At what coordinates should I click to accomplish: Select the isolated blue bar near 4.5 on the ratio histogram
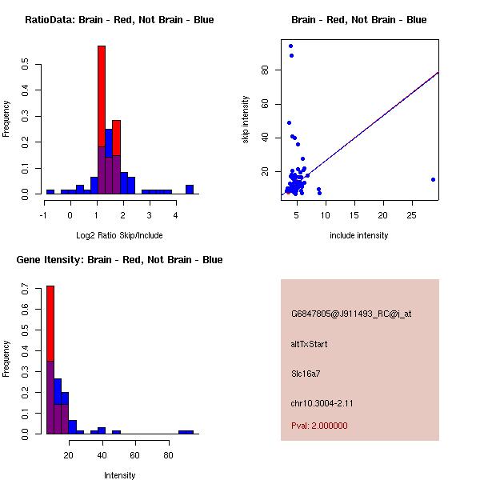190,190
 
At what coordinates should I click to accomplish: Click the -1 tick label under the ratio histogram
43,214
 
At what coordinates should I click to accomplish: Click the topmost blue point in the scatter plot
290,46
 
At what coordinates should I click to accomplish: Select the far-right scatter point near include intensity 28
433,179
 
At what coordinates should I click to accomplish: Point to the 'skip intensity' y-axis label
246,120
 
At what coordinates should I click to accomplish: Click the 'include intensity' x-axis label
358,235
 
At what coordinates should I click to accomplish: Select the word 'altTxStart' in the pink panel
309,344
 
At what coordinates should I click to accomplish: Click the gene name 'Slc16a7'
306,373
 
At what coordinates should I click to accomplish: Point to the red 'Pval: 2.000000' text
319,426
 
